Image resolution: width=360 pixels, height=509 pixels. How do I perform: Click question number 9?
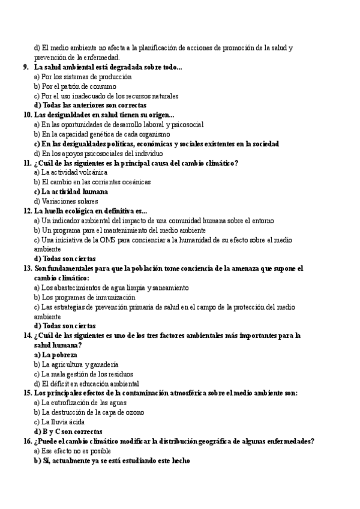point(27,67)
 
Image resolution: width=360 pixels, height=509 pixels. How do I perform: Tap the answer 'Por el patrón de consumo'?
point(79,86)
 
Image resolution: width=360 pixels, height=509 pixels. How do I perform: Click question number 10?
point(28,115)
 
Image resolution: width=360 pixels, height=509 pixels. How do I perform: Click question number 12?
point(28,211)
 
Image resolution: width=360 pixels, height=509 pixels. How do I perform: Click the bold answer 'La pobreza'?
point(59,355)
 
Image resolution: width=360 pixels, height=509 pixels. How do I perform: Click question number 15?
point(28,393)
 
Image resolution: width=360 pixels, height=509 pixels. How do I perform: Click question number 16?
point(28,441)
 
